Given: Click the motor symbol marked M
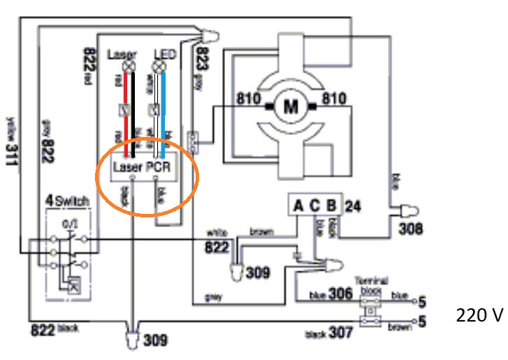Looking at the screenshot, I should point(289,106).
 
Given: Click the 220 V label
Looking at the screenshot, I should point(479,315).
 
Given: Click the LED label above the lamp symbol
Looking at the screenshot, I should point(165,54).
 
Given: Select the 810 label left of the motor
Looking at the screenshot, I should point(249,99).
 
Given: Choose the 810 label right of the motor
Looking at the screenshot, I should point(334,99).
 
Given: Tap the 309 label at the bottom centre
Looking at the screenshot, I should point(155,340).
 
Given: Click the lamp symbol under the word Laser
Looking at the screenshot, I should point(127,68).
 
